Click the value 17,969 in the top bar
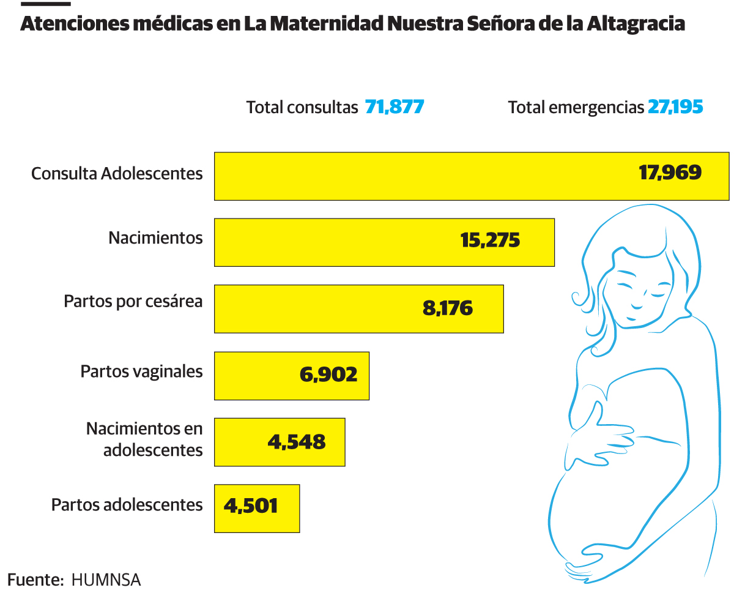point(670,173)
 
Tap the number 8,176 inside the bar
point(448,307)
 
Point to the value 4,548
point(297,441)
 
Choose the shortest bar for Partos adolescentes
point(256,508)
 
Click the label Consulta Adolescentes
point(117,174)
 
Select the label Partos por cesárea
point(133,302)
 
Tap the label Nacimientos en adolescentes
point(144,439)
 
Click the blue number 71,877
point(395,107)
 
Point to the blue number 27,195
point(675,107)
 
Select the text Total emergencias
point(576,108)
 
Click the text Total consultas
point(302,108)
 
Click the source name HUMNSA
point(106,580)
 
